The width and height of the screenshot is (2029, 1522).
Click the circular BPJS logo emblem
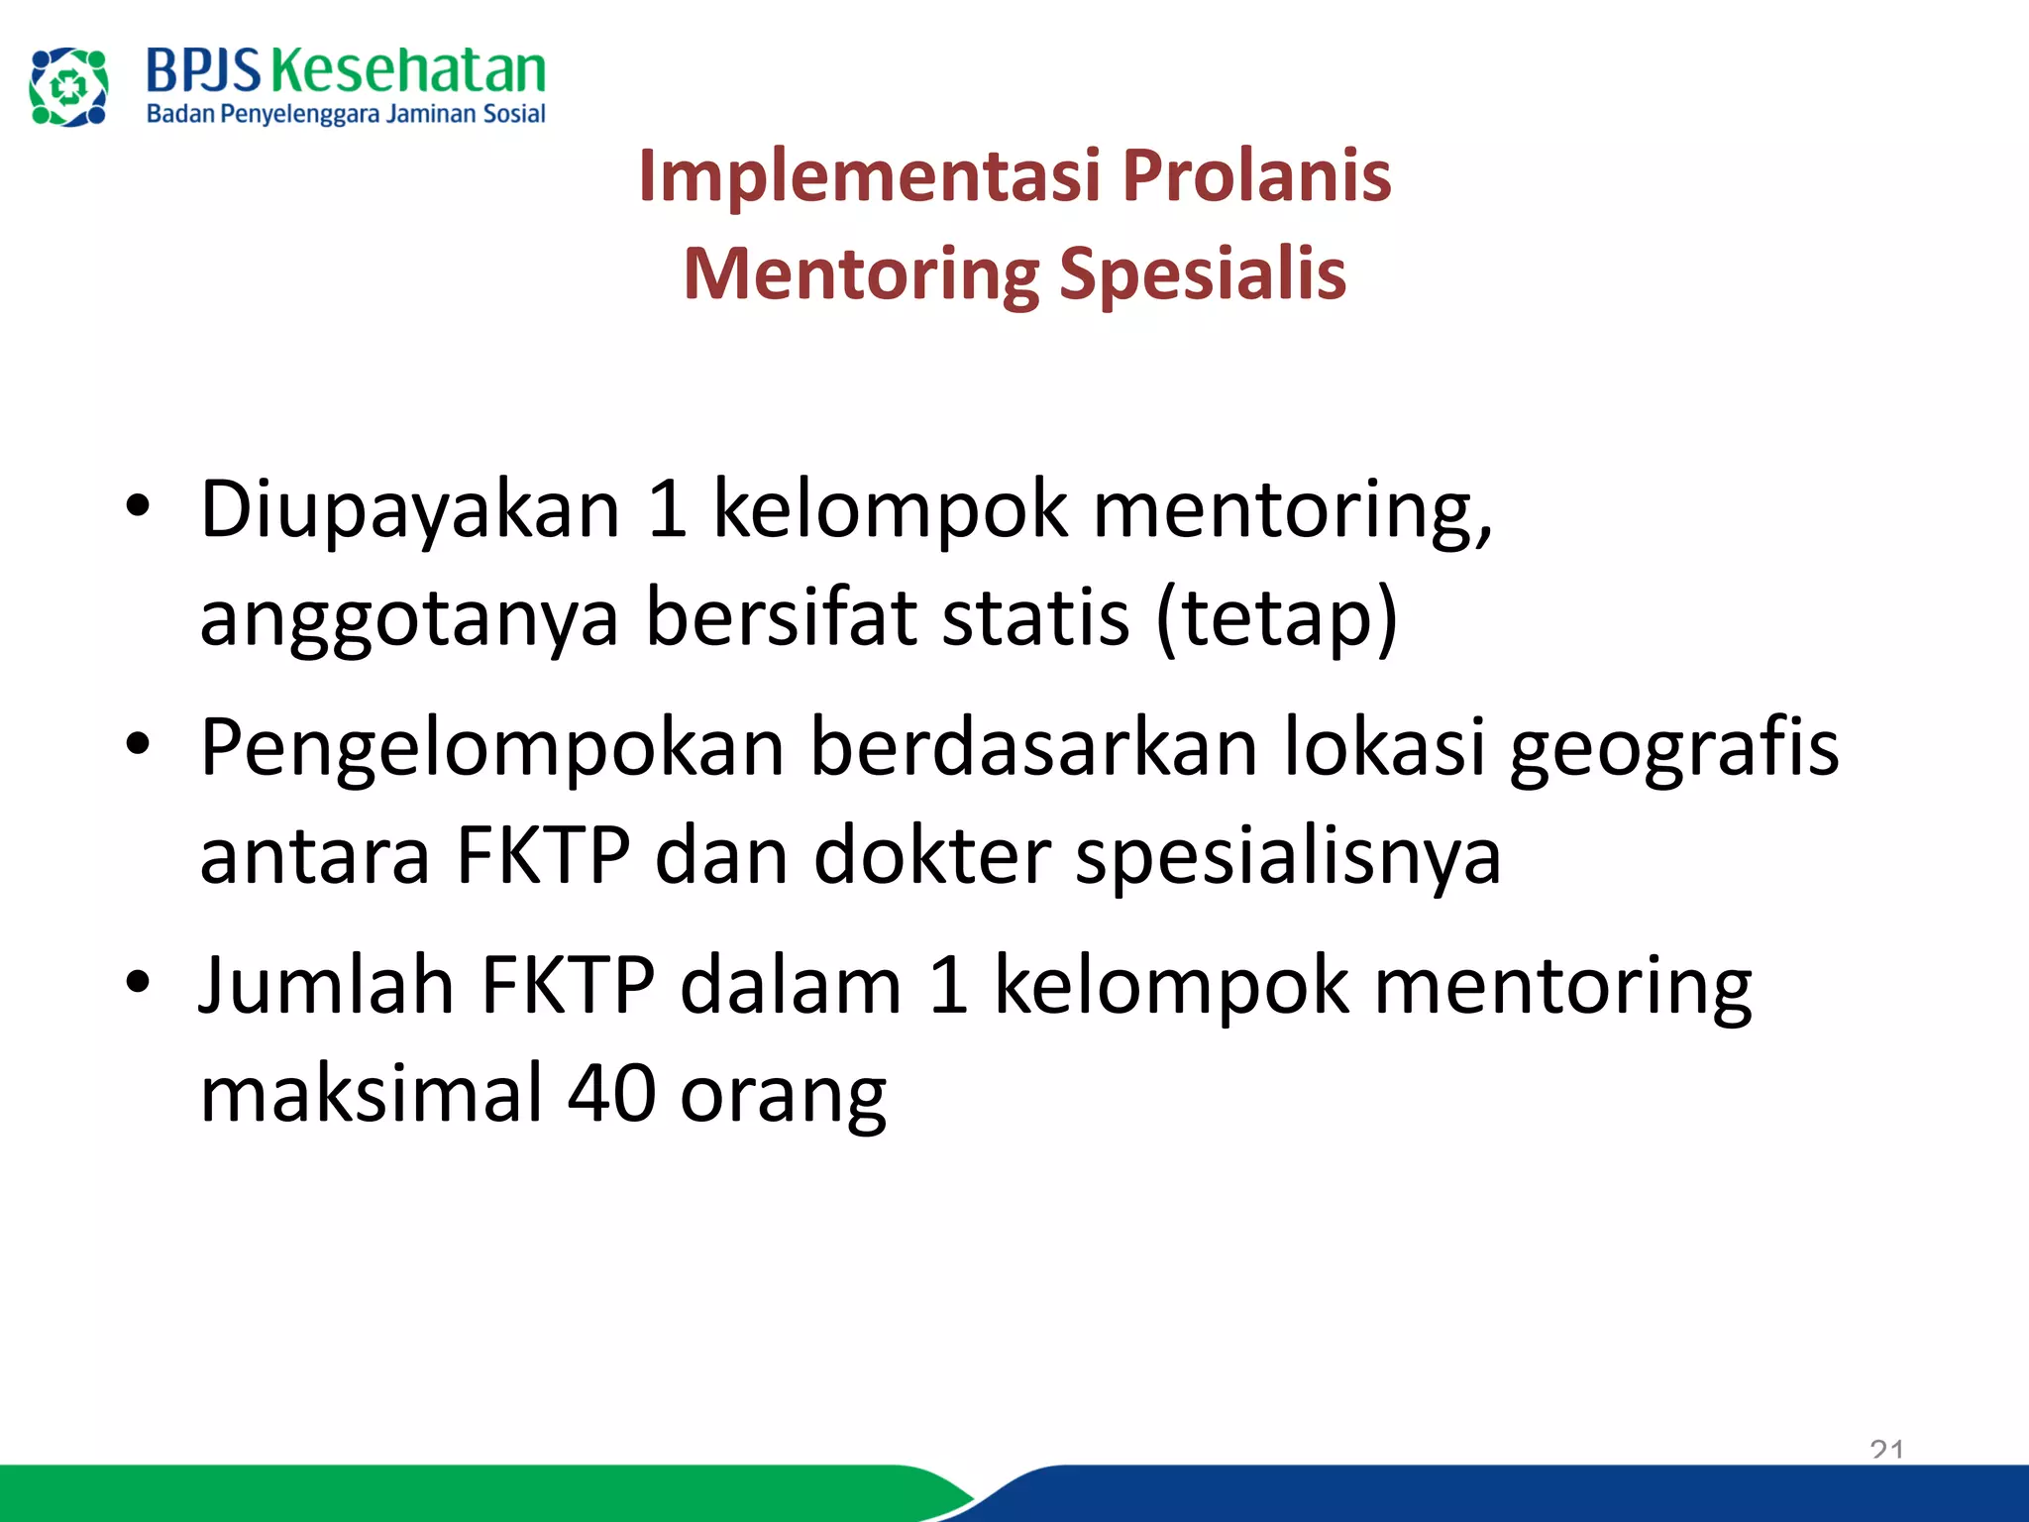tap(68, 87)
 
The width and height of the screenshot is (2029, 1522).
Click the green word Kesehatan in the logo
tap(407, 71)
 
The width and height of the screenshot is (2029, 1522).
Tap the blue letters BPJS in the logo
tap(203, 71)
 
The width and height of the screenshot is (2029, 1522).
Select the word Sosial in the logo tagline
tap(513, 114)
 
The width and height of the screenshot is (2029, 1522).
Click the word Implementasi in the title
tap(869, 175)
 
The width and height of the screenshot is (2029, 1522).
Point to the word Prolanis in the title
tap(1256, 175)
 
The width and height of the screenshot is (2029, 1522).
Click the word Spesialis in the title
tap(1203, 273)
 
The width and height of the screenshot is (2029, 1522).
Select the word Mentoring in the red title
tap(861, 275)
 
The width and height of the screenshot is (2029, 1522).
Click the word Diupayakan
tap(410, 510)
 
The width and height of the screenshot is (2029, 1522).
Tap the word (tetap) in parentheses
tap(1277, 617)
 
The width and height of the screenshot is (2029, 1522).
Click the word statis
tap(1035, 617)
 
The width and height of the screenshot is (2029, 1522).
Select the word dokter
tap(932, 855)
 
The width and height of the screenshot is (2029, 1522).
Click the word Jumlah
tap(326, 985)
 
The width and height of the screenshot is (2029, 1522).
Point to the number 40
tap(611, 1093)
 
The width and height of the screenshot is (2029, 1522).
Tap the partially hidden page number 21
tap(1886, 1451)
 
